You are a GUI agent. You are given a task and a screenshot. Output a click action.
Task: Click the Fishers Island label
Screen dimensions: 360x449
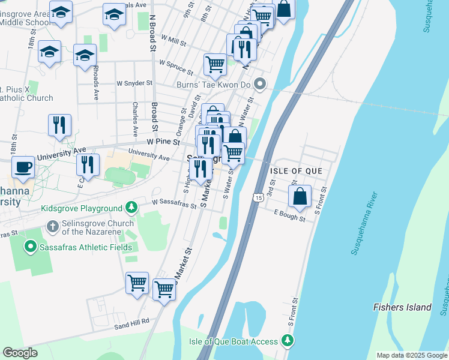coord(402,307)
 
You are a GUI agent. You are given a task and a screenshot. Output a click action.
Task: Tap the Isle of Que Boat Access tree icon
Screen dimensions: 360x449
coord(288,341)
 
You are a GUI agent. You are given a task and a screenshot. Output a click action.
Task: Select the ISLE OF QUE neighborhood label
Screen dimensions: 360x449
coord(296,171)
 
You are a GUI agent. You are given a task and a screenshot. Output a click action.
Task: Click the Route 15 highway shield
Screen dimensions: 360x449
coord(258,197)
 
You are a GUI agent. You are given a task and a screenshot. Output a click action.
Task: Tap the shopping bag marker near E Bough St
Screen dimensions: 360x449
coord(300,196)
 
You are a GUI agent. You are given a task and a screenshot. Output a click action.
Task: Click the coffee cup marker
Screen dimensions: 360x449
coord(23,167)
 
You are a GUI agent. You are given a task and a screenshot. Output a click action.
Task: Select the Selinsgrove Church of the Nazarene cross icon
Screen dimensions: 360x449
coord(53,227)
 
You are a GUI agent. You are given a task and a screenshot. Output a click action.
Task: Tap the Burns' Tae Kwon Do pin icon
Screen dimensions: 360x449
coord(260,85)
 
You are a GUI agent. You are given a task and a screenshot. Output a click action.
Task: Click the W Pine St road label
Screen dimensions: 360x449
coord(163,142)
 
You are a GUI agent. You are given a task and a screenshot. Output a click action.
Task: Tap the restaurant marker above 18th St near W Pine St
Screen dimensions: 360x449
coord(59,125)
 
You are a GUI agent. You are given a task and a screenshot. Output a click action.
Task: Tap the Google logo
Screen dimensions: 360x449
coord(20,353)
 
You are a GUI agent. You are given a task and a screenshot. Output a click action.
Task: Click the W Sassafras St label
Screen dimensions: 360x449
coord(174,204)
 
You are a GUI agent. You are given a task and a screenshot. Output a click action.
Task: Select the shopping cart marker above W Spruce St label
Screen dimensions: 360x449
coord(215,64)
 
